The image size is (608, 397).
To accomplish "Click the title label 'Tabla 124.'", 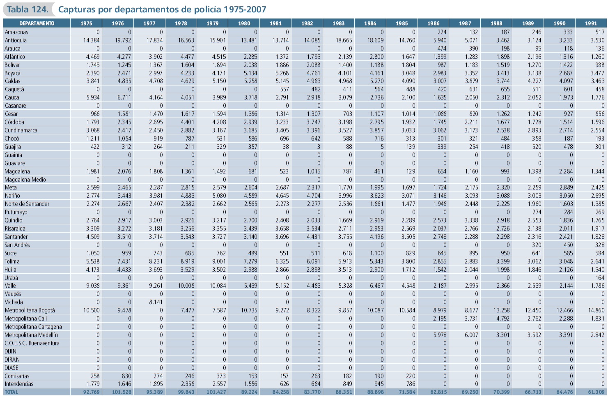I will [27, 9].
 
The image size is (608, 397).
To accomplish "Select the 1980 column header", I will [244, 23].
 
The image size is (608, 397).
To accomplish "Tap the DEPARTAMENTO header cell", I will [37, 23].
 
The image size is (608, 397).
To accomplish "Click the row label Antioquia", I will [16, 40].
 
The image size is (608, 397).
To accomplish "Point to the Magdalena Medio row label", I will [25, 180].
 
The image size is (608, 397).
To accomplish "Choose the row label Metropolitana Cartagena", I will [33, 327].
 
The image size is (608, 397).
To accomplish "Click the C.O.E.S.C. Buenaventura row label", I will [32, 343].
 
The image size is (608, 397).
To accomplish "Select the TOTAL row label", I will [11, 392].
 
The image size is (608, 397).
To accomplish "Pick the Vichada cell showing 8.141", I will [156, 302].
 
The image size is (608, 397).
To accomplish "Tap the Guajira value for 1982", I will [319, 147].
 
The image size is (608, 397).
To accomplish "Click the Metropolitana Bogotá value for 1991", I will [596, 310].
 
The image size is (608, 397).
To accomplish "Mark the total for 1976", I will [122, 392].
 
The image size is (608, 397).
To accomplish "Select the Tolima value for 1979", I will [219, 261].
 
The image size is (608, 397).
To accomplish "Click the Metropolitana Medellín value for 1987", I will [471, 335].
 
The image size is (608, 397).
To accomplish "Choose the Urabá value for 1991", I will [600, 278].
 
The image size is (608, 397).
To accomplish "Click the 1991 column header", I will [591, 23].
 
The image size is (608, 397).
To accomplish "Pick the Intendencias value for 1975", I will [93, 384].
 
